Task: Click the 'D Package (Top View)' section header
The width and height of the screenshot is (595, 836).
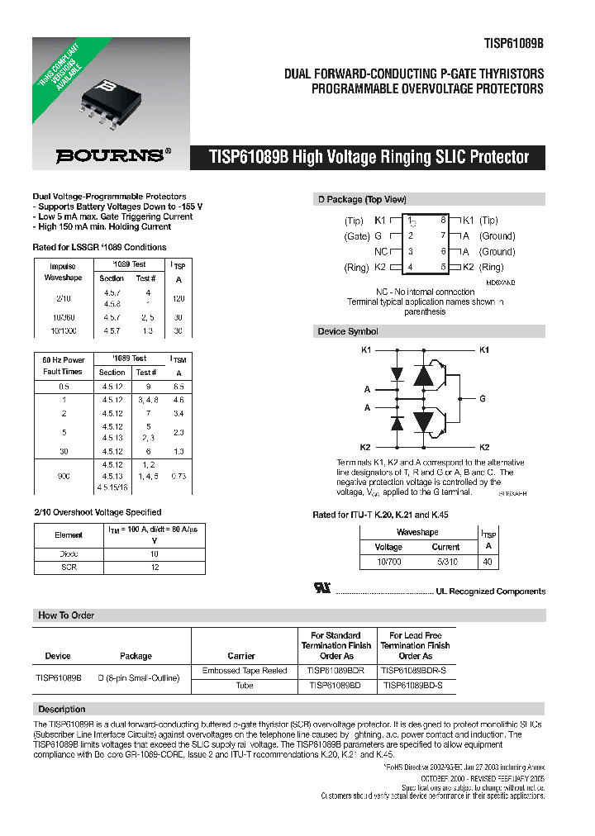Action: pos(362,199)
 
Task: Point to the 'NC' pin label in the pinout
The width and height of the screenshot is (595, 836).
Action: pos(381,252)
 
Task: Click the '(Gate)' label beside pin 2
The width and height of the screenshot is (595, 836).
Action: pos(357,236)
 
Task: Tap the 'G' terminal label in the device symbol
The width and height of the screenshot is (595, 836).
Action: pos(482,397)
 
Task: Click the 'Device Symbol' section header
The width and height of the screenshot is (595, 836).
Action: pos(348,331)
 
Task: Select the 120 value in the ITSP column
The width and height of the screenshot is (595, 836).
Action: pos(178,297)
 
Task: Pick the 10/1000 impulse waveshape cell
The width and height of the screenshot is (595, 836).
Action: pos(62,330)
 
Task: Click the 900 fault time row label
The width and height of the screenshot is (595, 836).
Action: pos(64,475)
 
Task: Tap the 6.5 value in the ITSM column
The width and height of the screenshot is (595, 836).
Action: pos(178,387)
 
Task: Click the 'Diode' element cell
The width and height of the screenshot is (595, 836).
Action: pos(69,553)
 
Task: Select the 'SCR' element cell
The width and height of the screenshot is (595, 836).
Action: pos(69,568)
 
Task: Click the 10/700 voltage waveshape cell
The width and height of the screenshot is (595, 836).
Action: pos(388,562)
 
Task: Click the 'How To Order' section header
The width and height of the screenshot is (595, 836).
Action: pos(66,615)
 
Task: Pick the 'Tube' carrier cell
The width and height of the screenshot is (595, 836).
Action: pos(245,685)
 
